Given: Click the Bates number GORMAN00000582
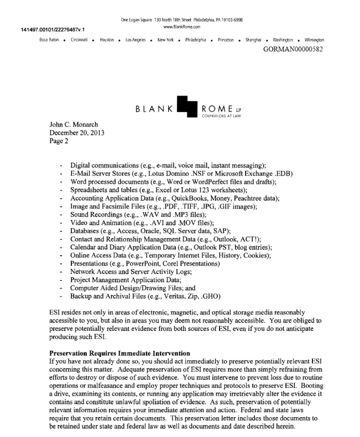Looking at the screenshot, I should (x=293, y=49).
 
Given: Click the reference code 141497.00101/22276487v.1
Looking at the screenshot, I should (x=49, y=29).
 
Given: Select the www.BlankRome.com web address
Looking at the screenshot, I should (x=182, y=27).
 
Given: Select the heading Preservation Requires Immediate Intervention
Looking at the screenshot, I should (x=120, y=353).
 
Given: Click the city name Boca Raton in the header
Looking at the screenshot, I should (x=49, y=40).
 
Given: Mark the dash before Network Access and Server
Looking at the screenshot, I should (x=60, y=272).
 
